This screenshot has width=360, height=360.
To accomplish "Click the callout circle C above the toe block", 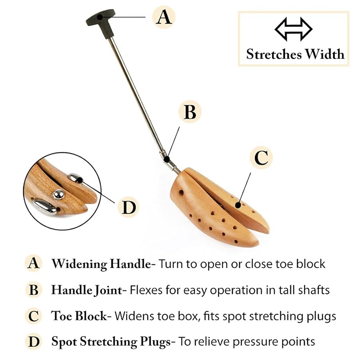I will coord(261,158).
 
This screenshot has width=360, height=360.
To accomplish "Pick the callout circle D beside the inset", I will coord(128,207).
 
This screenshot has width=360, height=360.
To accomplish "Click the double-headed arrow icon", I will coord(293,29).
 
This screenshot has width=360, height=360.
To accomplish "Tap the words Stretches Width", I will coord(295,54).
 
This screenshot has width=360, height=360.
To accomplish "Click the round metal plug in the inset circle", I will coord(59,194).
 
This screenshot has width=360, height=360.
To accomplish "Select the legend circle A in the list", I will coord(34,264).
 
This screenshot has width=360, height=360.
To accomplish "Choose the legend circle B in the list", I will coord(34,290).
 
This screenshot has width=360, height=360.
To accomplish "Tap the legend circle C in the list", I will coord(34,316).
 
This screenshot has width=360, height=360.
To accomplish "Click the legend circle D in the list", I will coord(34,342).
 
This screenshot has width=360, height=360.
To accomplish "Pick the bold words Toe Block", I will coord(79,316).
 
